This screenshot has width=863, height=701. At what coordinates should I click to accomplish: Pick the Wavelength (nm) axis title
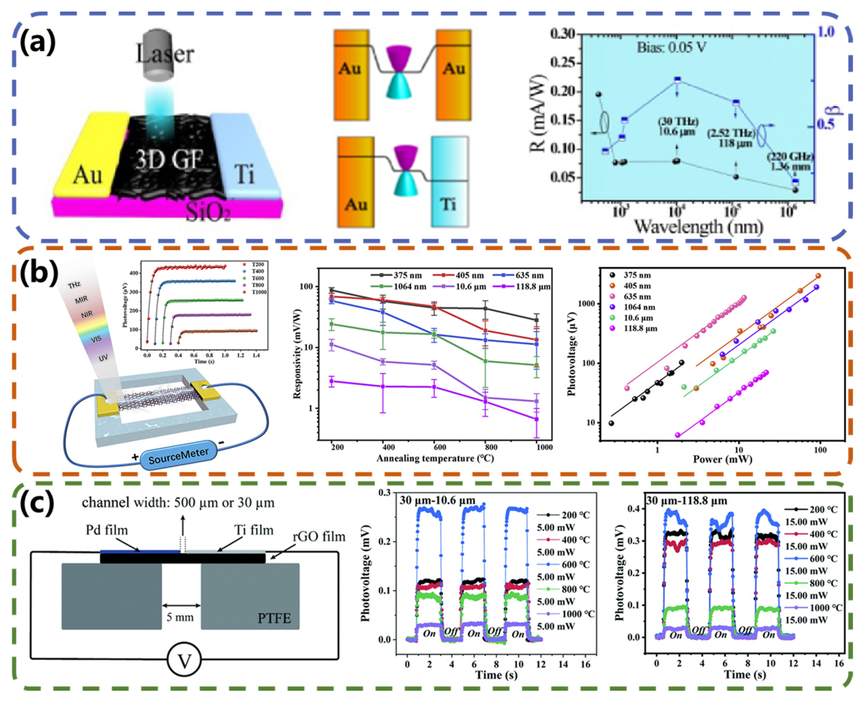tap(698, 227)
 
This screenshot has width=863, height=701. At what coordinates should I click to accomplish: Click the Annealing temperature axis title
tap(435, 458)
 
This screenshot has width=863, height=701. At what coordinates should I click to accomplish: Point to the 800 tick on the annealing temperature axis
tap(491, 447)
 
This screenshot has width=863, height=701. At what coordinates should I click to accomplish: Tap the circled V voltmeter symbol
tap(184, 661)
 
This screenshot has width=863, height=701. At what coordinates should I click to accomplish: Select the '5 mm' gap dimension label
tap(180, 617)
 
